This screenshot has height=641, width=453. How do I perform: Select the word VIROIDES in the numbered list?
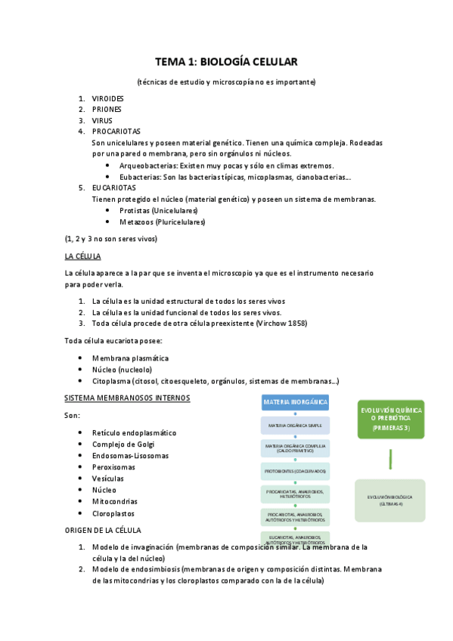click(x=107, y=99)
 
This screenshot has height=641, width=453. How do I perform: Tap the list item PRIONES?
click(x=107, y=110)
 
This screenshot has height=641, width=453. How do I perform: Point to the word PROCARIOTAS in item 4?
click(x=116, y=131)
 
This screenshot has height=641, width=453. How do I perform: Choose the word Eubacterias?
click(x=141, y=177)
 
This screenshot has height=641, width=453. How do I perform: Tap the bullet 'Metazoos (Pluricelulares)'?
click(x=162, y=221)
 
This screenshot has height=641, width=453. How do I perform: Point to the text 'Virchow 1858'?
click(x=281, y=323)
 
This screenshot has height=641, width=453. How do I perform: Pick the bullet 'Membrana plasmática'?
click(x=130, y=358)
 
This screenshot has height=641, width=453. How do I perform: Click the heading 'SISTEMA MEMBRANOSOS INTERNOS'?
click(x=127, y=398)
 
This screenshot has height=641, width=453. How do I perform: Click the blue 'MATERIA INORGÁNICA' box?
click(x=296, y=402)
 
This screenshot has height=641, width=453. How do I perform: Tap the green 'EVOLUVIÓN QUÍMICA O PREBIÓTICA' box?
click(x=392, y=419)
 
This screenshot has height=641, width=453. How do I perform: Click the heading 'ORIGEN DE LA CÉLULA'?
click(x=103, y=530)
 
